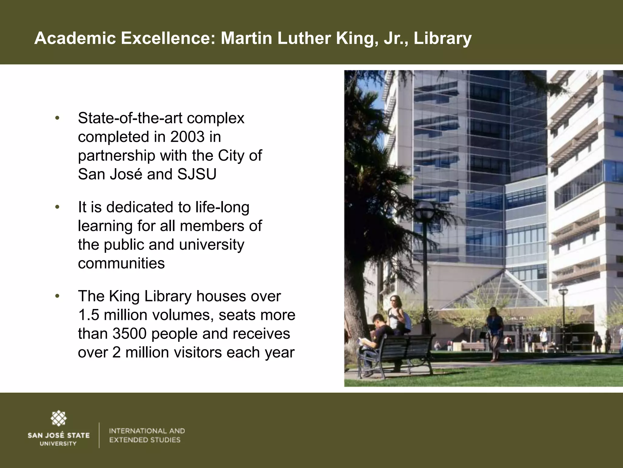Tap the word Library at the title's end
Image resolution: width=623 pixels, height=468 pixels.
click(443, 39)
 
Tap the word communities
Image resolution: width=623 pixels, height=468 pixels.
click(121, 263)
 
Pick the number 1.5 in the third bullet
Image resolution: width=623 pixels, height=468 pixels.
click(89, 315)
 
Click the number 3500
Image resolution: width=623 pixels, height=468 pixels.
click(130, 334)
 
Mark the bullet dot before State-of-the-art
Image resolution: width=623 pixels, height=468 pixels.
click(57, 118)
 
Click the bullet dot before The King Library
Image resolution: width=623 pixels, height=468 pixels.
click(57, 296)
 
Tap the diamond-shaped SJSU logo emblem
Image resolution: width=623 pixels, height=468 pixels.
click(58, 418)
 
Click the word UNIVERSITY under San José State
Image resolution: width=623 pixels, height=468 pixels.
click(58, 444)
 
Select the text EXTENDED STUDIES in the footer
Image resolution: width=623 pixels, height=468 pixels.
click(145, 440)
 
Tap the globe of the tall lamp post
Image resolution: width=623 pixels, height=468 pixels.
click(424, 211)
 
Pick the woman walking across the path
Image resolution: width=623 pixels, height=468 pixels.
click(494, 332)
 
